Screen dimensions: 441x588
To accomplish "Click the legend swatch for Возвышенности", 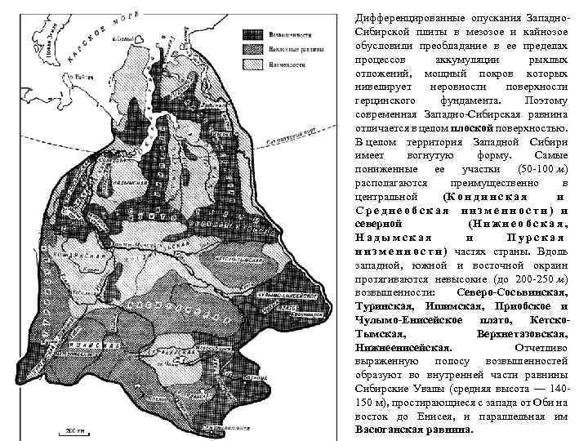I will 251,35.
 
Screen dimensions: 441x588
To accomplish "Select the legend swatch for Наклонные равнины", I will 251,49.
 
